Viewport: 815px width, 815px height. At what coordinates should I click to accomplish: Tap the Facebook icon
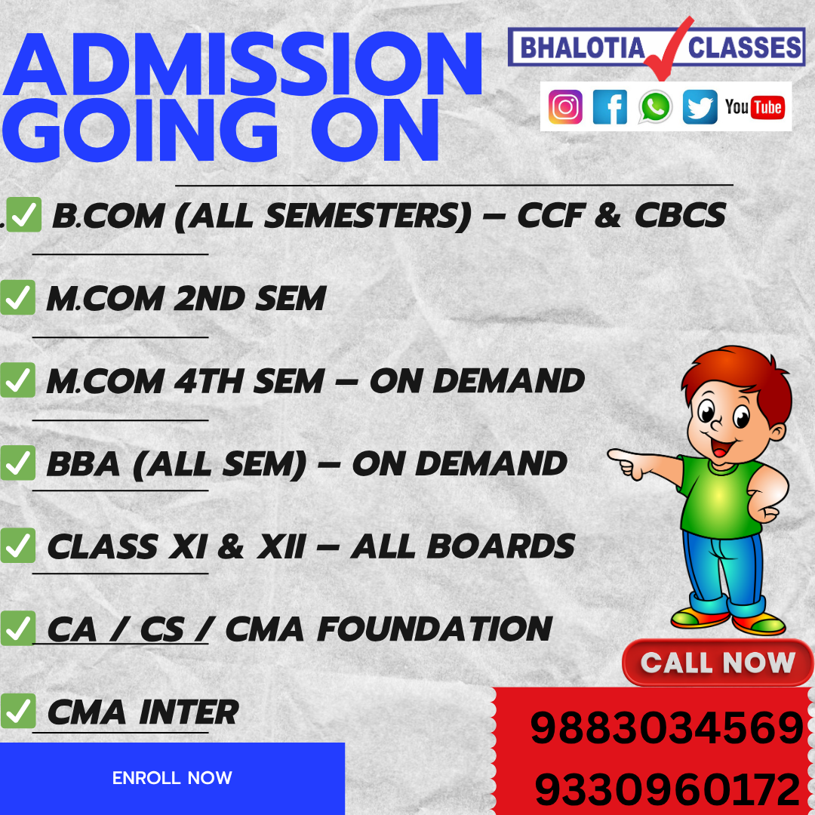[610, 107]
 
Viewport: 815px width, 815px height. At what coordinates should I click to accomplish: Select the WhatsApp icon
[655, 107]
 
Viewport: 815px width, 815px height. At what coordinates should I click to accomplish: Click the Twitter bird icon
[700, 107]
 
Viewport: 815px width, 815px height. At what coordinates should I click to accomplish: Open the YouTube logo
[754, 107]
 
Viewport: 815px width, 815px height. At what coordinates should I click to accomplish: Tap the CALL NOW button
[718, 663]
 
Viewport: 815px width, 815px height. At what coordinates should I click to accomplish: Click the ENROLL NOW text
[172, 778]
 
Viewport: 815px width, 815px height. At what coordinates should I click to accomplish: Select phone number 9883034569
[666, 729]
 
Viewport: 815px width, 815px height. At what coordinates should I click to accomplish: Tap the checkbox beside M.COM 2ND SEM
[17, 298]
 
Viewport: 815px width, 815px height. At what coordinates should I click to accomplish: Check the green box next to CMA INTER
[17, 711]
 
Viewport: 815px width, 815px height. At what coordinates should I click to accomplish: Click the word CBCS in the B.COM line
[680, 216]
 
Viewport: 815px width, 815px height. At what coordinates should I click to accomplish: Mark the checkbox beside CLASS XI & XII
[17, 546]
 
